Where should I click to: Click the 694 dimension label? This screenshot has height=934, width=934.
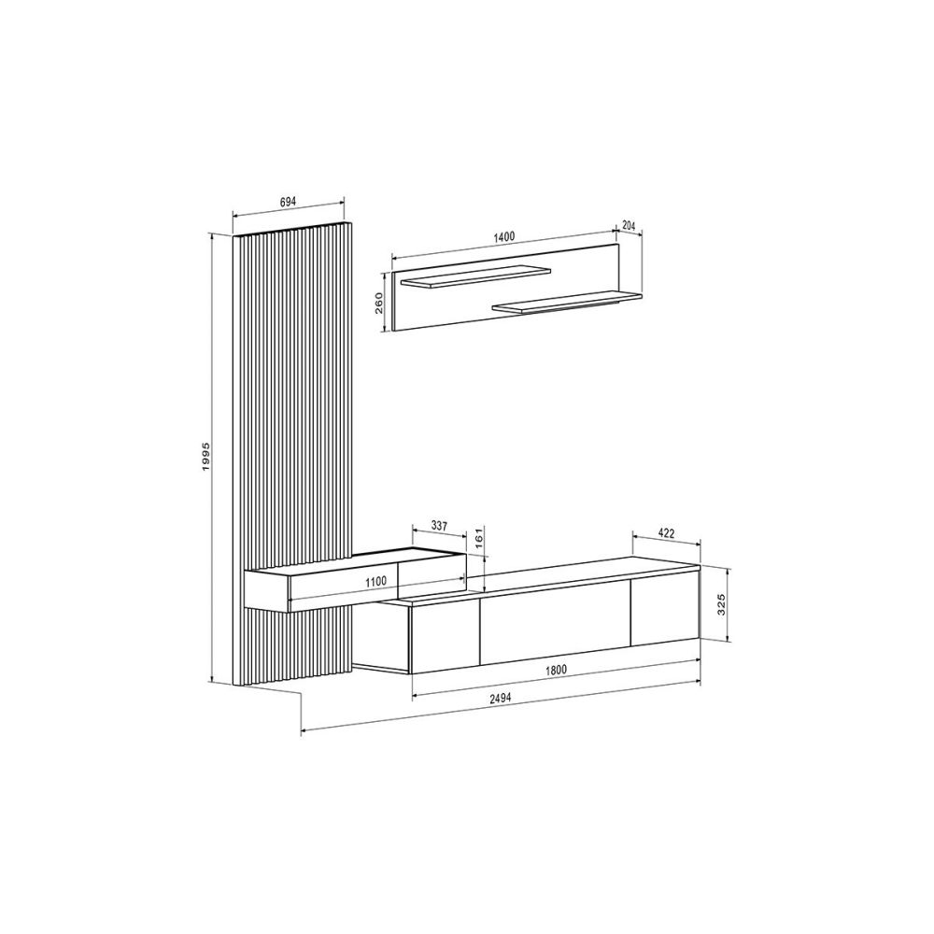pyautogui.click(x=288, y=202)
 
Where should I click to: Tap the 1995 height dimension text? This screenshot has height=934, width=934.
pyautogui.click(x=205, y=457)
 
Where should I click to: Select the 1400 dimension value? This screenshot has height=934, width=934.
pyautogui.click(x=504, y=236)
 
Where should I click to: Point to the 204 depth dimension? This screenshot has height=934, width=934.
pyautogui.click(x=629, y=226)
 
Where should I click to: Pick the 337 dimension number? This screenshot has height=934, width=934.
pyautogui.click(x=438, y=526)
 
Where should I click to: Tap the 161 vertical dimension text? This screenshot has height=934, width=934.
pyautogui.click(x=476, y=538)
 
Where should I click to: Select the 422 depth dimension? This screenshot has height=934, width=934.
pyautogui.click(x=666, y=533)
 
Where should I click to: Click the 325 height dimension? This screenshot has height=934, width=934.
pyautogui.click(x=721, y=604)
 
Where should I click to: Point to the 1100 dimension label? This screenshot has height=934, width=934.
pyautogui.click(x=375, y=581)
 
